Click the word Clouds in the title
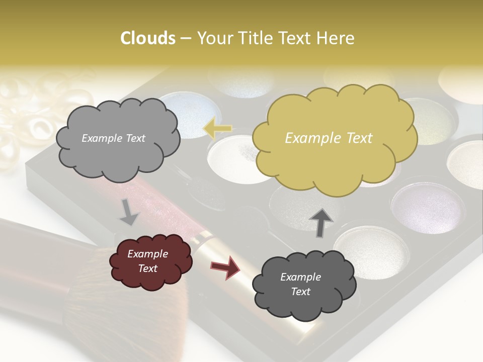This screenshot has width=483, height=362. click(147, 38)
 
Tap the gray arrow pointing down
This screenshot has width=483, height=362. click(129, 213)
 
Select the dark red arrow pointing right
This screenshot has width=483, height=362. click(225, 267)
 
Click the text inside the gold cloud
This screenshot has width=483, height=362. click(329, 138)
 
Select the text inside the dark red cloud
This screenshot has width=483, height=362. click(147, 261)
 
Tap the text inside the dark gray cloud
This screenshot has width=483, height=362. click(301, 284)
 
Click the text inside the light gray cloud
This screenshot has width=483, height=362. click(113, 138)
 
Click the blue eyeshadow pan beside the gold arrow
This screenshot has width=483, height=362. click(194, 113)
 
